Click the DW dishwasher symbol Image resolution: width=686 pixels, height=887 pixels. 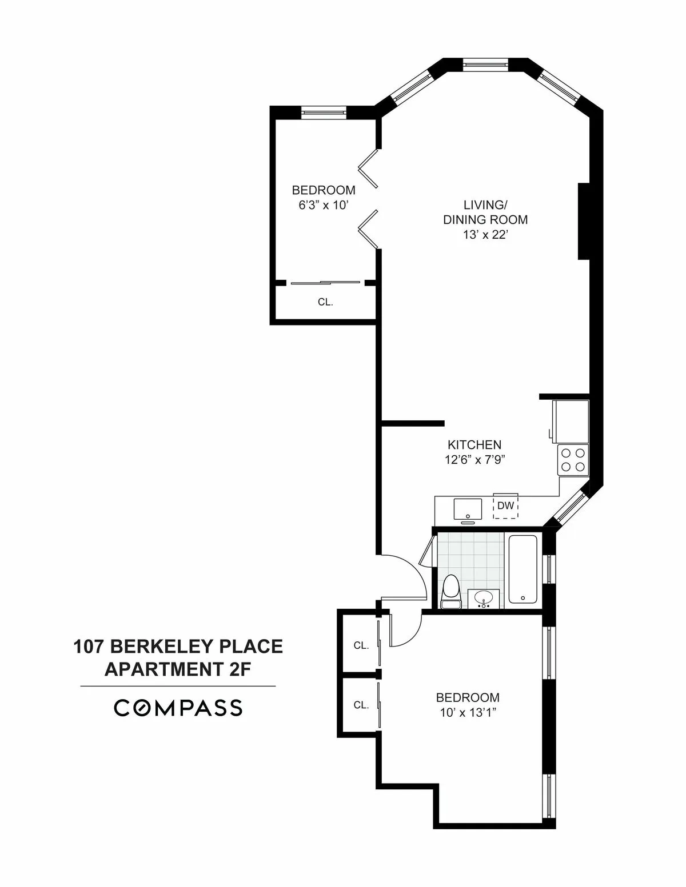[x=505, y=506]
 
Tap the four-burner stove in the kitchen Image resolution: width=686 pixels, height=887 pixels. [x=573, y=460]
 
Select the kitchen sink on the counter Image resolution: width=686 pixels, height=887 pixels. [x=468, y=508]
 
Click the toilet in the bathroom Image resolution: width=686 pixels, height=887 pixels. [x=451, y=592]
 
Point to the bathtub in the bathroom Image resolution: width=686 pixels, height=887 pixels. [x=523, y=569]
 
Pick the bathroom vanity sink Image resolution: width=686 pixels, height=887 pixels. [x=484, y=599]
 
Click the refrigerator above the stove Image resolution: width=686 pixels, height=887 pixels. [x=570, y=421]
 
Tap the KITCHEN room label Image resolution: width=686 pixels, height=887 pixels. [x=474, y=445]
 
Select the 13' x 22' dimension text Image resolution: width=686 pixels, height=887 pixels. [x=485, y=235]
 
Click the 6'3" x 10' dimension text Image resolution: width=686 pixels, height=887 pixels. [x=323, y=205]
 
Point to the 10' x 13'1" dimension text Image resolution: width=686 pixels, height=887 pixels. [x=467, y=712]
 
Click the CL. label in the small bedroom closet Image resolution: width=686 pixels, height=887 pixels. [x=325, y=302]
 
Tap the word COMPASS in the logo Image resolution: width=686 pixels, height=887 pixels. [x=178, y=708]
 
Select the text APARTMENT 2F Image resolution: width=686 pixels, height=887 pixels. [x=178, y=669]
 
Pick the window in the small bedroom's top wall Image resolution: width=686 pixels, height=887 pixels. [x=324, y=112]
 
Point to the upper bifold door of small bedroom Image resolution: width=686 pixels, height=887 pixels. [x=369, y=168]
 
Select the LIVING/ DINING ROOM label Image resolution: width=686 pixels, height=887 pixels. [x=485, y=212]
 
